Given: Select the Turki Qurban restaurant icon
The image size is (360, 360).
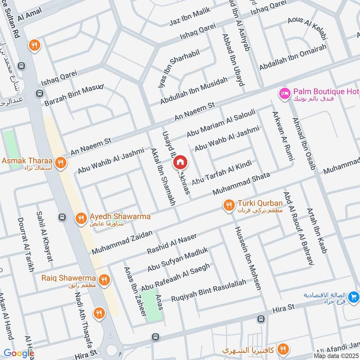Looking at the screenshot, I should (x=229, y=206).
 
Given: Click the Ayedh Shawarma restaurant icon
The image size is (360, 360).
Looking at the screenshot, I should (x=81, y=219).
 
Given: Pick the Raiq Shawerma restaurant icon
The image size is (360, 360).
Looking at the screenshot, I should (x=104, y=280).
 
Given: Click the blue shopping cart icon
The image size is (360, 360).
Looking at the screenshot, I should (x=354, y=296).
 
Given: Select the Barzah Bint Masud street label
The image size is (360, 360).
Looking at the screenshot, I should (x=74, y=95).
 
